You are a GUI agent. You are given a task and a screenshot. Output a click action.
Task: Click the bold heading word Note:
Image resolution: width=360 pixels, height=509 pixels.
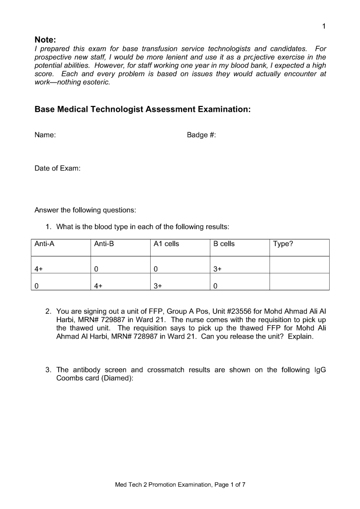point(45,39)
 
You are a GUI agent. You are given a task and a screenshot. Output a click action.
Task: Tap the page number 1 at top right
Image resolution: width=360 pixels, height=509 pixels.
point(324,26)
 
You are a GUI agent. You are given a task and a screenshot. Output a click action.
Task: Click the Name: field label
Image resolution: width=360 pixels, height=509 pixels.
point(45,135)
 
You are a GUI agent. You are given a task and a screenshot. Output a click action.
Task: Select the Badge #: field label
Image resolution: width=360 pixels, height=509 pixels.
point(201,135)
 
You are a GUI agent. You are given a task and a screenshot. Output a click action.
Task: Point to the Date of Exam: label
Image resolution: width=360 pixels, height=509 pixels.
point(58,169)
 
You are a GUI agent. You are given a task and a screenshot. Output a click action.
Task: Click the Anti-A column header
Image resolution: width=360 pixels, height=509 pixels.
point(44,244)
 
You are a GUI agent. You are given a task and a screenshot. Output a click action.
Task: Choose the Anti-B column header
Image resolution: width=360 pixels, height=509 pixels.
point(104,244)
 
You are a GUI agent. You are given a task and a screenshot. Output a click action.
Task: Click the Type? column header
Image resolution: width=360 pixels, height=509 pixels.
point(283,244)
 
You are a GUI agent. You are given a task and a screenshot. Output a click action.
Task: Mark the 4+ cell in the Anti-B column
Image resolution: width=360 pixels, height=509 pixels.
point(98,286)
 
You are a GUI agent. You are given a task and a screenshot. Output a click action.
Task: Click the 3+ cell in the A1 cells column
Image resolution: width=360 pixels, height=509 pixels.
point(158,286)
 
